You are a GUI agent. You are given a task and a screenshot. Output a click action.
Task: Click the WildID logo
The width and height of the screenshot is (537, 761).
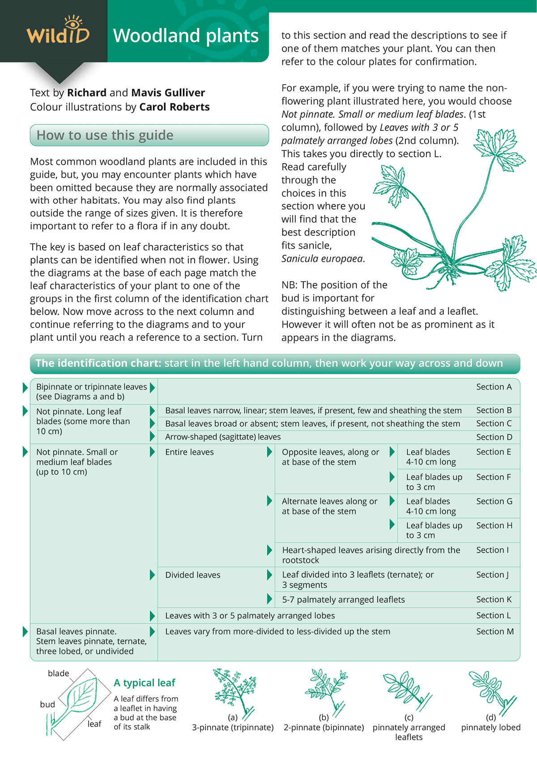pos(58,31)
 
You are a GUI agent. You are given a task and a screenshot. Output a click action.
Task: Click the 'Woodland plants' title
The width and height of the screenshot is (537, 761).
pos(186,36)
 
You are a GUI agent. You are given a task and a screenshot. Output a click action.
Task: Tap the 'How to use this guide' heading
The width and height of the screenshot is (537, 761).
pos(105,135)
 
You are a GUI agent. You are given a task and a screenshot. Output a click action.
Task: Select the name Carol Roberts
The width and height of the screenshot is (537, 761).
pos(175,107)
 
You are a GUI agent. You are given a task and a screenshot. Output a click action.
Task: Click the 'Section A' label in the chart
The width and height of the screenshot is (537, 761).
pos(494,387)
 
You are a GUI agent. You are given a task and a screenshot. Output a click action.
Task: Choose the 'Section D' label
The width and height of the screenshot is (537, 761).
pos(494,437)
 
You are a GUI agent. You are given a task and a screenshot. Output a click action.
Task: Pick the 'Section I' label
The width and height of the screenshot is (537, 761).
pos(492,550)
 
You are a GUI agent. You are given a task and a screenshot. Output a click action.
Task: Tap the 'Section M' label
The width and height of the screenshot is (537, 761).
pos(494,632)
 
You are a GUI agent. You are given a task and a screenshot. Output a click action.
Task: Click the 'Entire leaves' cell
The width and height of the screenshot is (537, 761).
pos(189,452)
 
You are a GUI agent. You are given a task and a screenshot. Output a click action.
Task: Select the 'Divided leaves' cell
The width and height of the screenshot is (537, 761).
pos(192,575)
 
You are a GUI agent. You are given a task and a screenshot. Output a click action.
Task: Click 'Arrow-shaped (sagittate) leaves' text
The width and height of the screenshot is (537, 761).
pos(223,437)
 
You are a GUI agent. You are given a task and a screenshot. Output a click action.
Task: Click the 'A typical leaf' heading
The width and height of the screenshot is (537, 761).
pos(144,683)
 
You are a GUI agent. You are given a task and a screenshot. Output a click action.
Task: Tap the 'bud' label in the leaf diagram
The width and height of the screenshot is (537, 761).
pos(47,705)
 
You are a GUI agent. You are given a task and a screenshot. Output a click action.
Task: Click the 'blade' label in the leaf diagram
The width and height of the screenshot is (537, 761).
pos(58,673)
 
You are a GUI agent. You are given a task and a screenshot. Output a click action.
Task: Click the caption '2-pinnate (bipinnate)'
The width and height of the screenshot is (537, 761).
pos(324,727)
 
